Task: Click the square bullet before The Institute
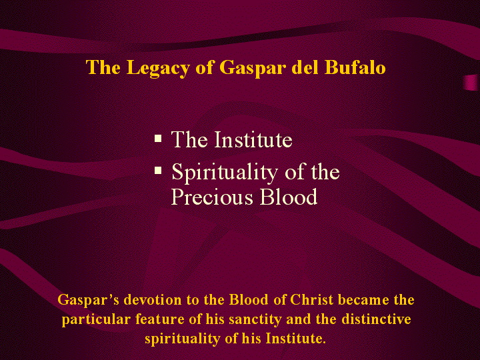pos(158,139)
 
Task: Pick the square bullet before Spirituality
pos(158,170)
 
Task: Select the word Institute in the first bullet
pos(253,139)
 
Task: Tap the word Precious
pos(212,197)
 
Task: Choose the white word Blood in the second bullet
pos(289,197)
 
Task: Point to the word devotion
pos(153,299)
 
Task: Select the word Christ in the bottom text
pos(311,299)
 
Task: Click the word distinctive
pos(376,319)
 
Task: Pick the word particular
pos(96,320)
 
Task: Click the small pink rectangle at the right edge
pos(471,83)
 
